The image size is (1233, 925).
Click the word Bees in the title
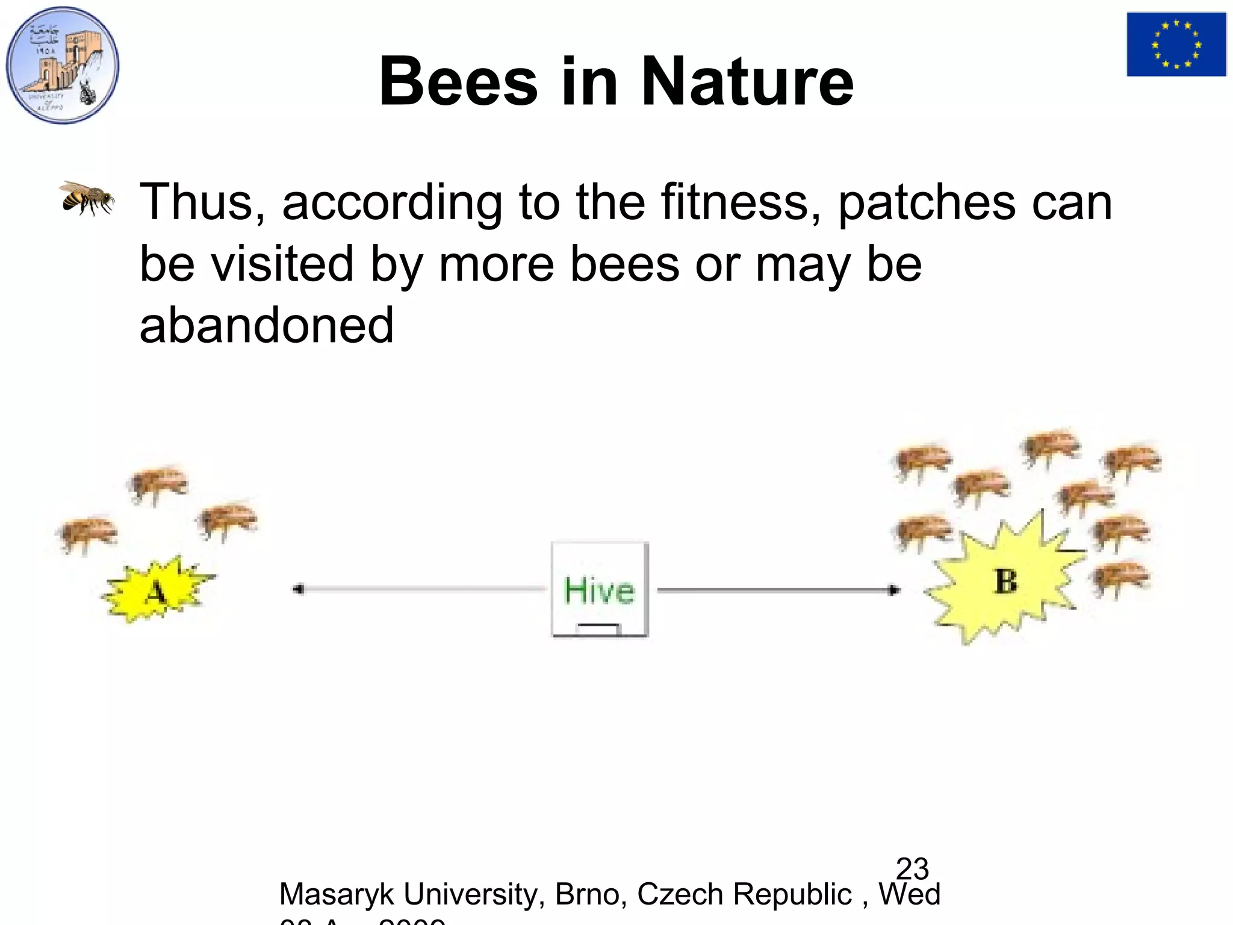(458, 81)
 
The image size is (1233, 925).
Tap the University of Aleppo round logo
(63, 65)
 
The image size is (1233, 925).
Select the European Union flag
(1176, 44)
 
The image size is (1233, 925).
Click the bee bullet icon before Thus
(87, 197)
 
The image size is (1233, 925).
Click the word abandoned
(266, 325)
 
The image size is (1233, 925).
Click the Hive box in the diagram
(600, 589)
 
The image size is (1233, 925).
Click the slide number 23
(912, 868)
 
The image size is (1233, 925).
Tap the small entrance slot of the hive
(598, 628)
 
